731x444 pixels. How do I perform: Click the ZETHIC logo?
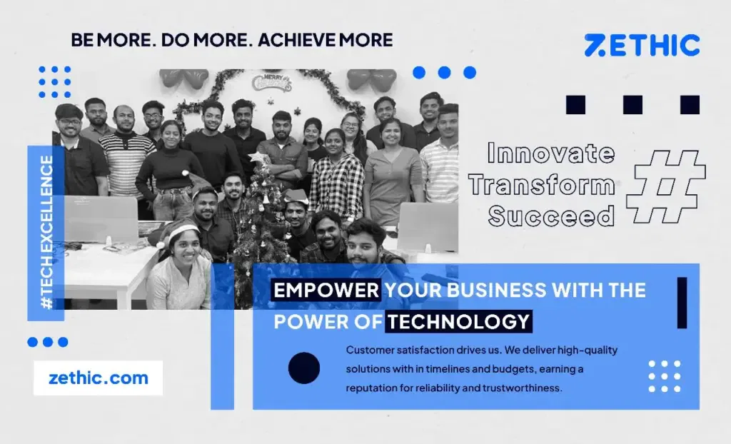coord(642,45)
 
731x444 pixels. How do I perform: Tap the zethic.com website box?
coord(98,378)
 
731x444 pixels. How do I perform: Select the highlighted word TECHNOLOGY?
coord(459,321)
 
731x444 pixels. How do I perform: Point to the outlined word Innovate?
coord(550,153)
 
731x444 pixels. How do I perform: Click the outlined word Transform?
coord(541,184)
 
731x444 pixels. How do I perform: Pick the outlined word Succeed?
coord(550,215)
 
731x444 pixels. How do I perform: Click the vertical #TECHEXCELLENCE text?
coord(46,232)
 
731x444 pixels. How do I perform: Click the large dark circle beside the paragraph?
coord(304,368)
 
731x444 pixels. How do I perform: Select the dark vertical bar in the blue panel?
coord(682,303)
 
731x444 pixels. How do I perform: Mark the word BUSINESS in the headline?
coord(483,291)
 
